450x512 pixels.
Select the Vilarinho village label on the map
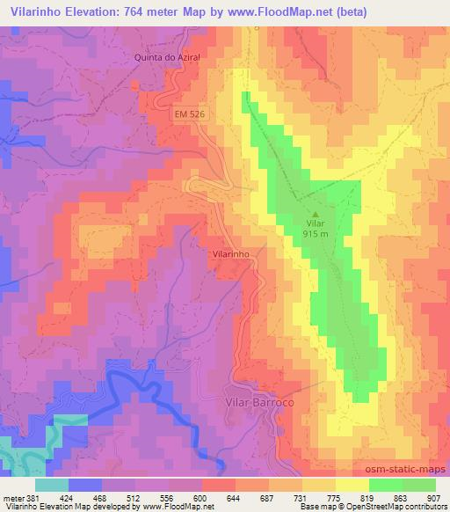[x=232, y=253]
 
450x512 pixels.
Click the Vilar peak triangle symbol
[x=316, y=211]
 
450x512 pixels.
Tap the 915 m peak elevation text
[x=316, y=234]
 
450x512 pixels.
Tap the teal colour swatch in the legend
[x=52, y=485]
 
